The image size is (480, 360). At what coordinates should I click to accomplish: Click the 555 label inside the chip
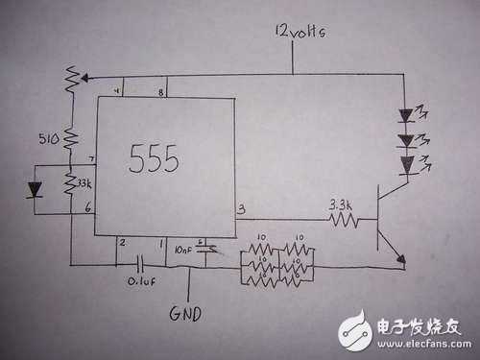pyautogui.click(x=154, y=159)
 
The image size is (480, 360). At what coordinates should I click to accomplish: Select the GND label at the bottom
pyautogui.click(x=188, y=314)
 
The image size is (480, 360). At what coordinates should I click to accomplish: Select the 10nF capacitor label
pyautogui.click(x=185, y=250)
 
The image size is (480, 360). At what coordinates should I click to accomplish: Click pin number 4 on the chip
pyautogui.click(x=118, y=92)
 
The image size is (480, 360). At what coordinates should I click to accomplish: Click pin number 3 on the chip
pyautogui.click(x=241, y=208)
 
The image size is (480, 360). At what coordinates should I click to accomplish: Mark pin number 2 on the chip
pyautogui.click(x=122, y=244)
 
